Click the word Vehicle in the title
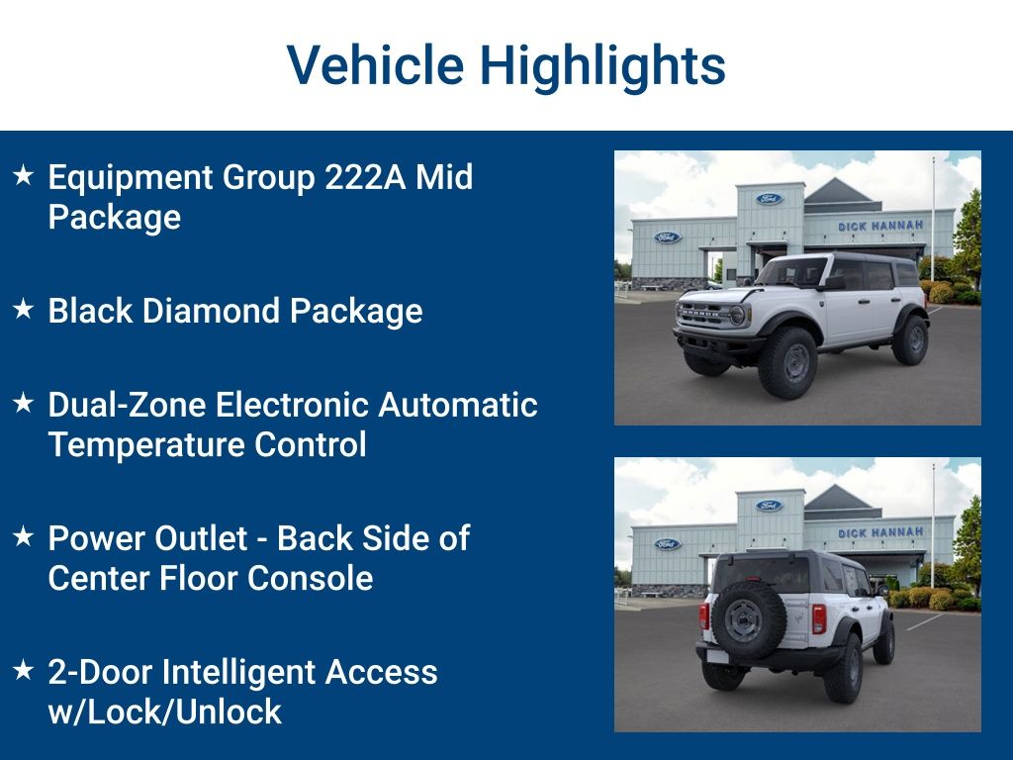[x=375, y=65]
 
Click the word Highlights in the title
[x=602, y=65]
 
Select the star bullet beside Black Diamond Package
[x=24, y=310]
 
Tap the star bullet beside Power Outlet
[x=24, y=537]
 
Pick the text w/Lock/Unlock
[x=165, y=712]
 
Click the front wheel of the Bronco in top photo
[x=787, y=362]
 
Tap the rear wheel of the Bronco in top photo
[x=909, y=339]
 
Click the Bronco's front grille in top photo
[x=704, y=315]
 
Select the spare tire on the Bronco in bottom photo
[x=742, y=618]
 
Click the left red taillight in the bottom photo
[x=704, y=616]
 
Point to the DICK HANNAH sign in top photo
[x=880, y=227]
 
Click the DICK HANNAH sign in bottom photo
[x=880, y=533]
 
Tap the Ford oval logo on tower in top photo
[x=770, y=199]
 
